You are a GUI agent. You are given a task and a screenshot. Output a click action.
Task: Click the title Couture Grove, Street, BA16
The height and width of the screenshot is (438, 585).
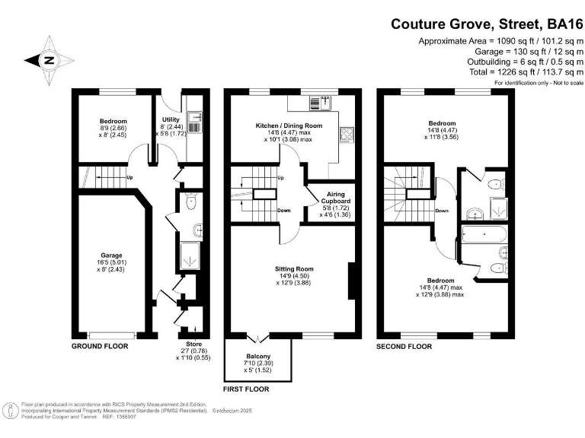(x=482, y=24)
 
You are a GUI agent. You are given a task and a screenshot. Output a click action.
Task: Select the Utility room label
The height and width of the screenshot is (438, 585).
(x=170, y=120)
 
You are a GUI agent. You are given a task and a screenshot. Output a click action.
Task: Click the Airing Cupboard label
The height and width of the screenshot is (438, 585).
(x=336, y=195)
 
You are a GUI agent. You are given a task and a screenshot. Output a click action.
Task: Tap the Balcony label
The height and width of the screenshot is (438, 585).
(x=257, y=357)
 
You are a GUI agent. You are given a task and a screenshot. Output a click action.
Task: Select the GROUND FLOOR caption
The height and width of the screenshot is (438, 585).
(x=100, y=346)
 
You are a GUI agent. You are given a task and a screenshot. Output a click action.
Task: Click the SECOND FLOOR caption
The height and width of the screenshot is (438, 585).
(x=404, y=346)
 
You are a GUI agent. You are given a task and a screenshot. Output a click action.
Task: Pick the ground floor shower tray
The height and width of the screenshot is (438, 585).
(x=187, y=257)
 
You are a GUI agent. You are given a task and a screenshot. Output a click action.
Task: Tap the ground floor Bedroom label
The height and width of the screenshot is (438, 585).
(x=113, y=122)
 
